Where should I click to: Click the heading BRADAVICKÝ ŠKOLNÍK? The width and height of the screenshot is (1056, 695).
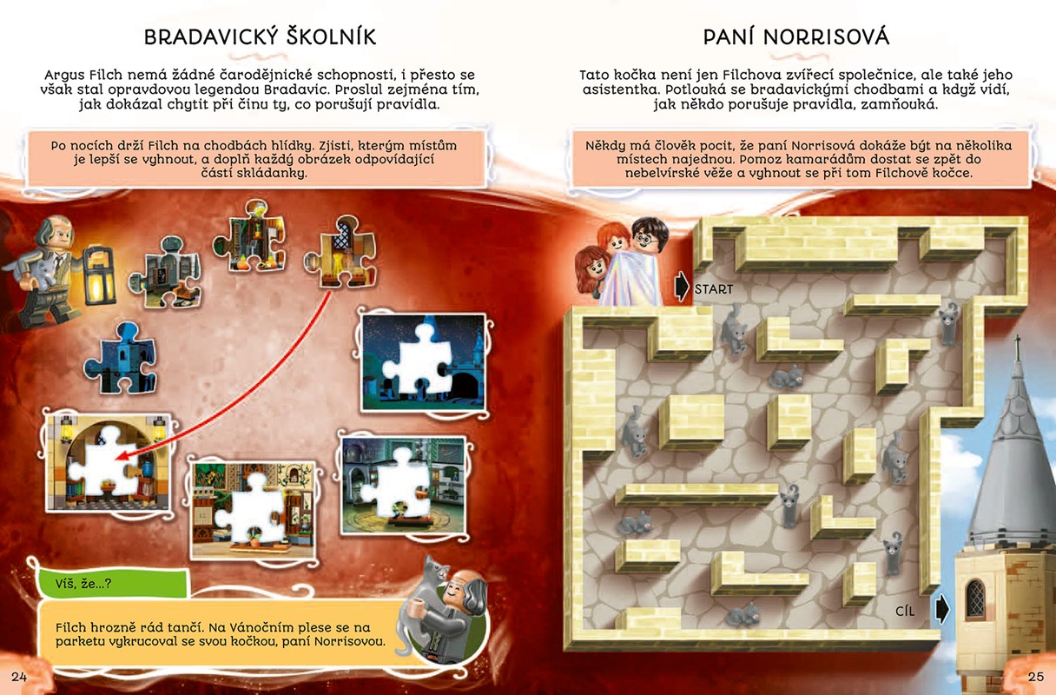260,36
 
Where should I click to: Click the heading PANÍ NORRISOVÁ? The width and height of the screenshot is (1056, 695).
796,37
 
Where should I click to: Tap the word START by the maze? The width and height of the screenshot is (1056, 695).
714,289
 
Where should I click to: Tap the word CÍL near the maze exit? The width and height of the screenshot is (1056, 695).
905,612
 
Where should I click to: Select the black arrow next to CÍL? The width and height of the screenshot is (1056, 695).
941,609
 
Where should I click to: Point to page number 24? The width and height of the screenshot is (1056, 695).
19,677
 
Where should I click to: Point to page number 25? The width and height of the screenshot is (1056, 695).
1036,677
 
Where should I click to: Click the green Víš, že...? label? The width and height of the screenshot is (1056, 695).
114,583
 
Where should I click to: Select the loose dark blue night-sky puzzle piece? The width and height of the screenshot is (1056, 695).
121,358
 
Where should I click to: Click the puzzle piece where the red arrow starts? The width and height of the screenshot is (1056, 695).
340,252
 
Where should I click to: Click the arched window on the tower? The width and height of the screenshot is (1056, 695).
975,599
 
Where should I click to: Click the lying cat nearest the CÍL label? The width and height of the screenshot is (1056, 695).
742,614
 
